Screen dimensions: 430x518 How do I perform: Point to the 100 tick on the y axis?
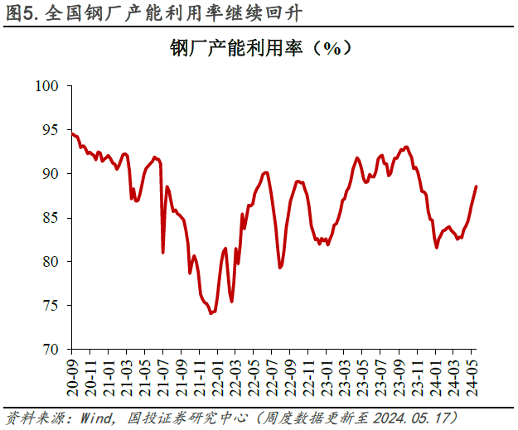[48, 86]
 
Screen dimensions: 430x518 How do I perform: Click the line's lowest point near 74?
[211, 313]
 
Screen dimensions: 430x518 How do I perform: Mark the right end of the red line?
[477, 186]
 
